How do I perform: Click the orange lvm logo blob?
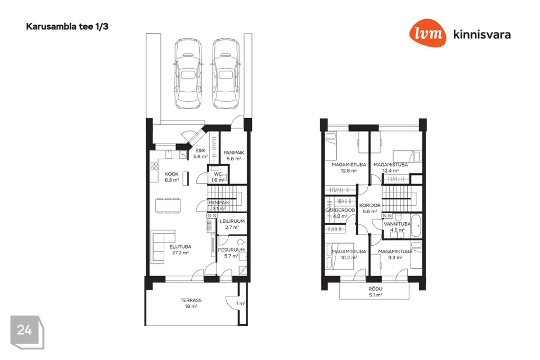coord(427,33)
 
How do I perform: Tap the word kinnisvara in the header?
coord(482,34)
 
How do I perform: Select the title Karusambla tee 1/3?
coord(67,26)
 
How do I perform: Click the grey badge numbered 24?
coord(27,332)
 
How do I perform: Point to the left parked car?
coord(188,73)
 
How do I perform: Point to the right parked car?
coord(226,73)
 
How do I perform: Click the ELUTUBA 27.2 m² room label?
coord(180,250)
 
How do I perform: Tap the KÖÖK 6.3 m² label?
coord(172,177)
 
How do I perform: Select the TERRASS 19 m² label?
coord(191,303)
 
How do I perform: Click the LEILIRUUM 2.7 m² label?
coord(232,224)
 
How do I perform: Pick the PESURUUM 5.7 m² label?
coord(231,253)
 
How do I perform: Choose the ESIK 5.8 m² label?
coord(200,154)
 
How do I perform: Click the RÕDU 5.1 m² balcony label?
coord(375,292)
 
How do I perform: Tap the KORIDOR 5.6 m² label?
coord(370,209)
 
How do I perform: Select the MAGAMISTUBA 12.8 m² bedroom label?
coord(349,168)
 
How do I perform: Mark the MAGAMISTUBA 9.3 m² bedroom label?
coord(395,254)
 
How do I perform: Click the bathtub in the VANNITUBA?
coord(416,226)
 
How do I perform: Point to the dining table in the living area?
coord(168,206)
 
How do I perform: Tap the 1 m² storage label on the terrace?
coord(241,304)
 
